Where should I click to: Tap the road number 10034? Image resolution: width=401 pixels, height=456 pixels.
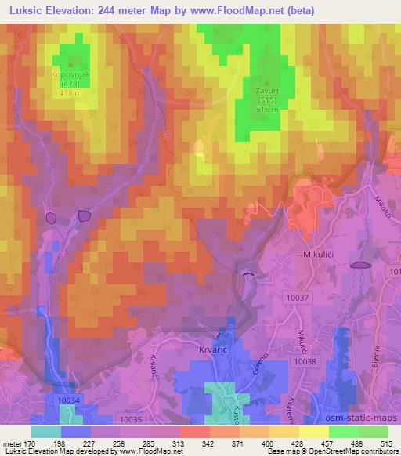(70, 400)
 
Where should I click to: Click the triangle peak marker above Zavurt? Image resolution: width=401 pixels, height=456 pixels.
(268, 81)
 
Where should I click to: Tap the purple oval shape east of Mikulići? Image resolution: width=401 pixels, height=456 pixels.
(359, 265)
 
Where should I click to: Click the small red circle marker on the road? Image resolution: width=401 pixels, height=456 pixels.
(168, 135)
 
